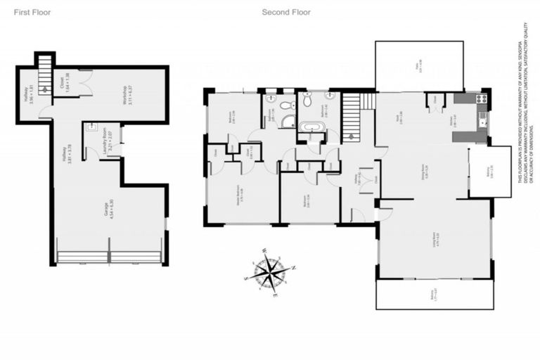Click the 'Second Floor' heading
pyautogui.click(x=286, y=12)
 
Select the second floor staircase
pyautogui.click(x=352, y=112)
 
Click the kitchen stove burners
pyautogui.click(x=482, y=98)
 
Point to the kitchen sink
pyautogui.click(x=482, y=124)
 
